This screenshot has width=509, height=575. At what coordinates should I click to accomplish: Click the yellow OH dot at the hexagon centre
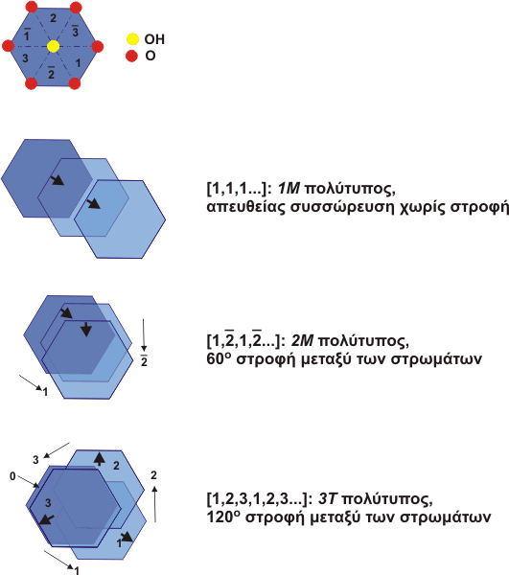click(53, 46)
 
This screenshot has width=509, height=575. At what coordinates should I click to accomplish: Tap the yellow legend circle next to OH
click(132, 39)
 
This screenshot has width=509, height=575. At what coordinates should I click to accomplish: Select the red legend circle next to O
click(131, 57)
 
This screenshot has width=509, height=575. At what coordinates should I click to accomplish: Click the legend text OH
click(154, 39)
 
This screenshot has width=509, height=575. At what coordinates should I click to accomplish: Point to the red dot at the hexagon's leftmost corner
click(8, 46)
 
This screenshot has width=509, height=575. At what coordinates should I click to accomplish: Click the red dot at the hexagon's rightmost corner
click(98, 47)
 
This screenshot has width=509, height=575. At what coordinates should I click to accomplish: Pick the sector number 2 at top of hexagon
click(53, 18)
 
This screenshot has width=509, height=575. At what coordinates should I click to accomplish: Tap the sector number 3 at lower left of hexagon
click(25, 57)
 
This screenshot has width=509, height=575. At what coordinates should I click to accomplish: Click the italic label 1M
click(289, 189)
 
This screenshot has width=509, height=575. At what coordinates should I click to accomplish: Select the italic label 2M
click(302, 341)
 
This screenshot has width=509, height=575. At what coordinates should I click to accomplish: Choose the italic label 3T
click(327, 499)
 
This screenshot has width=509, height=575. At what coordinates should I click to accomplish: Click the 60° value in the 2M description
click(219, 358)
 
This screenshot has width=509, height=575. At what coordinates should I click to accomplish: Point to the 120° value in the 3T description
click(223, 517)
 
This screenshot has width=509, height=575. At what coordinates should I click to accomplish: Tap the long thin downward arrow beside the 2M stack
click(144, 335)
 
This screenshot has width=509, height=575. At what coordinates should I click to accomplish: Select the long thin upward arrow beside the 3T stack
click(155, 504)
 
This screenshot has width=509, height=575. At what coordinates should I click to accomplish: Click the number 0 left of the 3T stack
click(12, 476)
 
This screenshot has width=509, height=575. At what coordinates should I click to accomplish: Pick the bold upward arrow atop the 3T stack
click(99, 459)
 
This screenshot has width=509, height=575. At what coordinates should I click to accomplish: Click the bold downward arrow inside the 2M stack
click(86, 330)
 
